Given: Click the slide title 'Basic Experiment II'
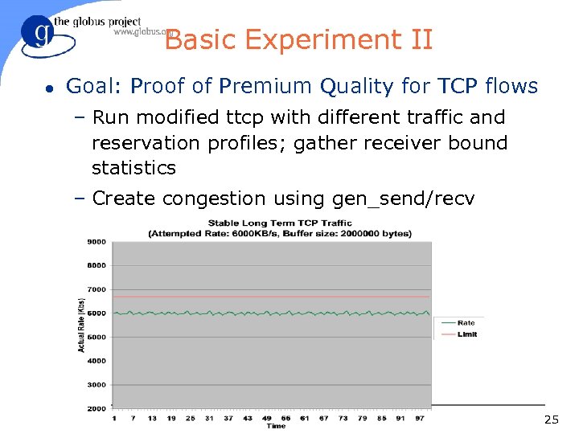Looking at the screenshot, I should tap(298, 39).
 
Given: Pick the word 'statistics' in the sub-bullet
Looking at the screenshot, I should tap(133, 168).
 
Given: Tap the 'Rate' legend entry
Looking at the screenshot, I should tap(466, 323).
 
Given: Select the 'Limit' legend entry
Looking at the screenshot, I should tap(466, 334).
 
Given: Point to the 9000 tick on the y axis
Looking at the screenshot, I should tap(96, 241).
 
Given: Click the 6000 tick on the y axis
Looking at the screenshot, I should tap(96, 313).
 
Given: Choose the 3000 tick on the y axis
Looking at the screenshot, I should tap(96, 385).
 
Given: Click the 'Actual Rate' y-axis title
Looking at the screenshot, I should tap(81, 325).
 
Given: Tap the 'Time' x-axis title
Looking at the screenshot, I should tap(276, 426).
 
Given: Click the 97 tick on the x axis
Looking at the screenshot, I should tap(418, 418).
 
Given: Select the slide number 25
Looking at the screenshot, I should tap(551, 420).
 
